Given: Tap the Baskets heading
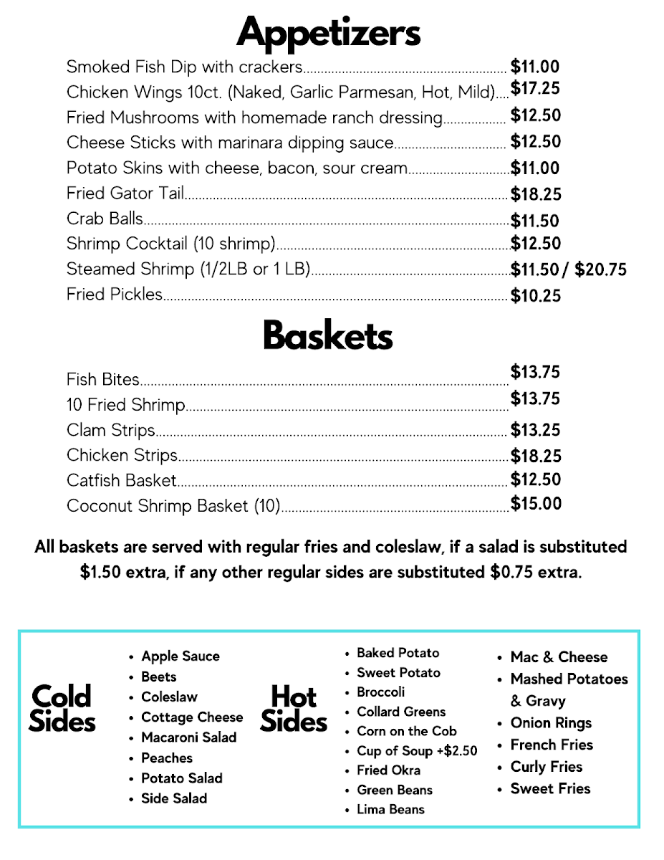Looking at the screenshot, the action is [x=328, y=335].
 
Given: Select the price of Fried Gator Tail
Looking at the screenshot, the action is [x=536, y=194].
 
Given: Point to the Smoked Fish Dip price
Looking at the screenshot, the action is [x=535, y=67].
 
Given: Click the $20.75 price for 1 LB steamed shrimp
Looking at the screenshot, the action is [x=600, y=269].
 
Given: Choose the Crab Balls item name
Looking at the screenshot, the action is [x=105, y=219].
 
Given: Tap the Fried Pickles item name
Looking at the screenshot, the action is [x=115, y=295].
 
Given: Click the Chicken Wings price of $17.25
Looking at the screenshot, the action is [x=535, y=89].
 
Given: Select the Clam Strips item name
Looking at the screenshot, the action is [x=111, y=430].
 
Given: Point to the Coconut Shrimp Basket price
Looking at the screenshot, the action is [x=536, y=504].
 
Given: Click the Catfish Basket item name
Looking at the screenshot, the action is [x=122, y=480].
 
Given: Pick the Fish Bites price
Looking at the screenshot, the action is [x=535, y=372].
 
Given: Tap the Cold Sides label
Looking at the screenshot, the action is [x=62, y=708].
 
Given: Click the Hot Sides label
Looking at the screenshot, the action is [x=294, y=708].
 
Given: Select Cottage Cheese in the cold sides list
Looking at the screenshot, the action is [x=192, y=717].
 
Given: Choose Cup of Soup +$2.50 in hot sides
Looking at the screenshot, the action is [x=417, y=751].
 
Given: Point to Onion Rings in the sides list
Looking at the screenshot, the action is [x=551, y=723].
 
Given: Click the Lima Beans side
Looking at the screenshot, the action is [x=390, y=810].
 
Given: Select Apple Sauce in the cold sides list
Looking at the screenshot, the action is [x=181, y=656].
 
